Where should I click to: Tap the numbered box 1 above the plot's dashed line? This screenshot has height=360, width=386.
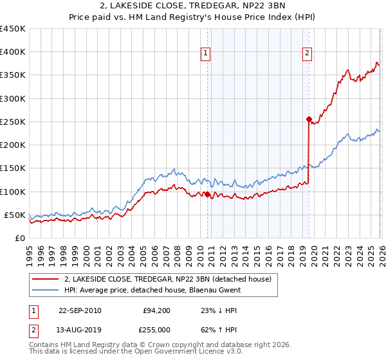pyautogui.click(x=205, y=53)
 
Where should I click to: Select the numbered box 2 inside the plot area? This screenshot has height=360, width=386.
pyautogui.click(x=307, y=53)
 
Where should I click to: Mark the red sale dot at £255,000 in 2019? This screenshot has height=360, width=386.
pyautogui.click(x=309, y=119)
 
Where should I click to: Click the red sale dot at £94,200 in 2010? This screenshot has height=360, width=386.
pyautogui.click(x=208, y=194)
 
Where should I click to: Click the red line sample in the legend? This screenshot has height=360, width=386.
pyautogui.click(x=46, y=279)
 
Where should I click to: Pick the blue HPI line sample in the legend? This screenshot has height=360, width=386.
pyautogui.click(x=46, y=290)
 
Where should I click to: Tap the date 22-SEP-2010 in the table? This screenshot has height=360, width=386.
pyautogui.click(x=80, y=310)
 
